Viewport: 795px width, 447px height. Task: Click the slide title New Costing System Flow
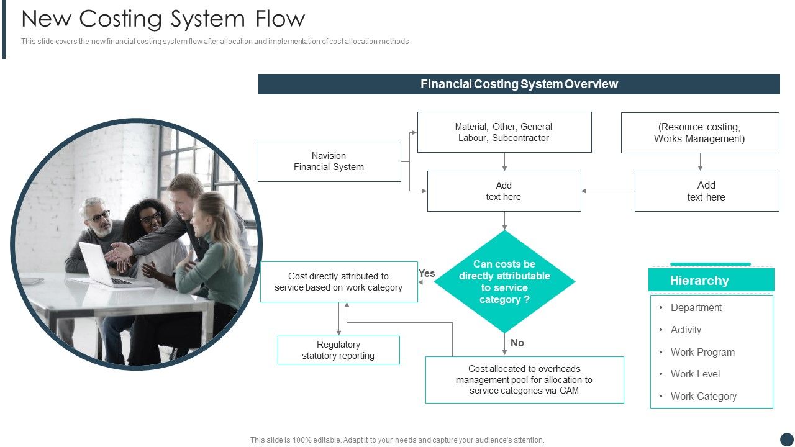tap(163, 19)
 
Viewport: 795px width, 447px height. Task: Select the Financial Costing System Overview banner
tap(519, 84)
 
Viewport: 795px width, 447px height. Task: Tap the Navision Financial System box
tap(329, 161)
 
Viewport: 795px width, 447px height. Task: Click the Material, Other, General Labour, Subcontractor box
tap(504, 132)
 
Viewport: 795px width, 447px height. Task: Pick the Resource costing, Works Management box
tap(699, 133)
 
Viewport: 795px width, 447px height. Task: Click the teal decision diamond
tap(504, 282)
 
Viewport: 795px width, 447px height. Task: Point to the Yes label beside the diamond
tap(427, 273)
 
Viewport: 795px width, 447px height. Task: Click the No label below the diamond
tap(517, 343)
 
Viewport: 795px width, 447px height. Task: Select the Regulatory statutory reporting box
tap(338, 350)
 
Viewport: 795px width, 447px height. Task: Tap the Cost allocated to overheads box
tap(524, 379)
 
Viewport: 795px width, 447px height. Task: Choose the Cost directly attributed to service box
tap(338, 282)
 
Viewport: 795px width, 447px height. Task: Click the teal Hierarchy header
tap(711, 281)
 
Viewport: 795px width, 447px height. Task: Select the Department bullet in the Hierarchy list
tap(696, 307)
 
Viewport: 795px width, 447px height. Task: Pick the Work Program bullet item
tap(702, 352)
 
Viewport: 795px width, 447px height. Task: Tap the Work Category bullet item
tap(703, 396)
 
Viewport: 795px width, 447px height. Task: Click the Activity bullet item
tap(686, 330)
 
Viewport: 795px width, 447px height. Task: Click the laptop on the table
tap(99, 264)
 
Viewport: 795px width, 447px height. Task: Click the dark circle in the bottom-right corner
tap(786, 439)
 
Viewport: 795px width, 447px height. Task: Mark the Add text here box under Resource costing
tap(706, 191)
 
